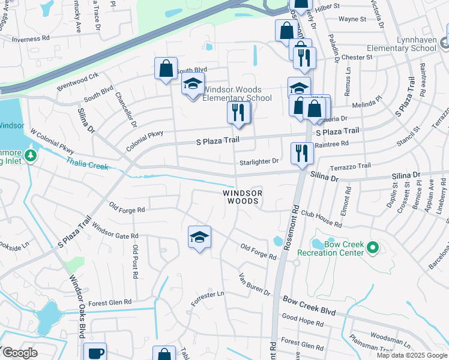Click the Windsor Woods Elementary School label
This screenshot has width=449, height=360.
pyautogui.click(x=237, y=94)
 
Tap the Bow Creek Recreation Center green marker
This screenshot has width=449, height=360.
pyautogui.click(x=372, y=247)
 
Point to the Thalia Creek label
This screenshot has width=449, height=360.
pyautogui.click(x=87, y=164)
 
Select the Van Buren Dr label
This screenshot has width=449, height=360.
pyautogui.click(x=255, y=284)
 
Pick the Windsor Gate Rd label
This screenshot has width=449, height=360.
pyautogui.click(x=115, y=232)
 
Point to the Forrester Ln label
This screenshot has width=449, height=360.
pyautogui.click(x=207, y=296)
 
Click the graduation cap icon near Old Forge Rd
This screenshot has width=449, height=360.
pyautogui.click(x=199, y=237)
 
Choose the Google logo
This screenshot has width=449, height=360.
pyautogui.click(x=19, y=352)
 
